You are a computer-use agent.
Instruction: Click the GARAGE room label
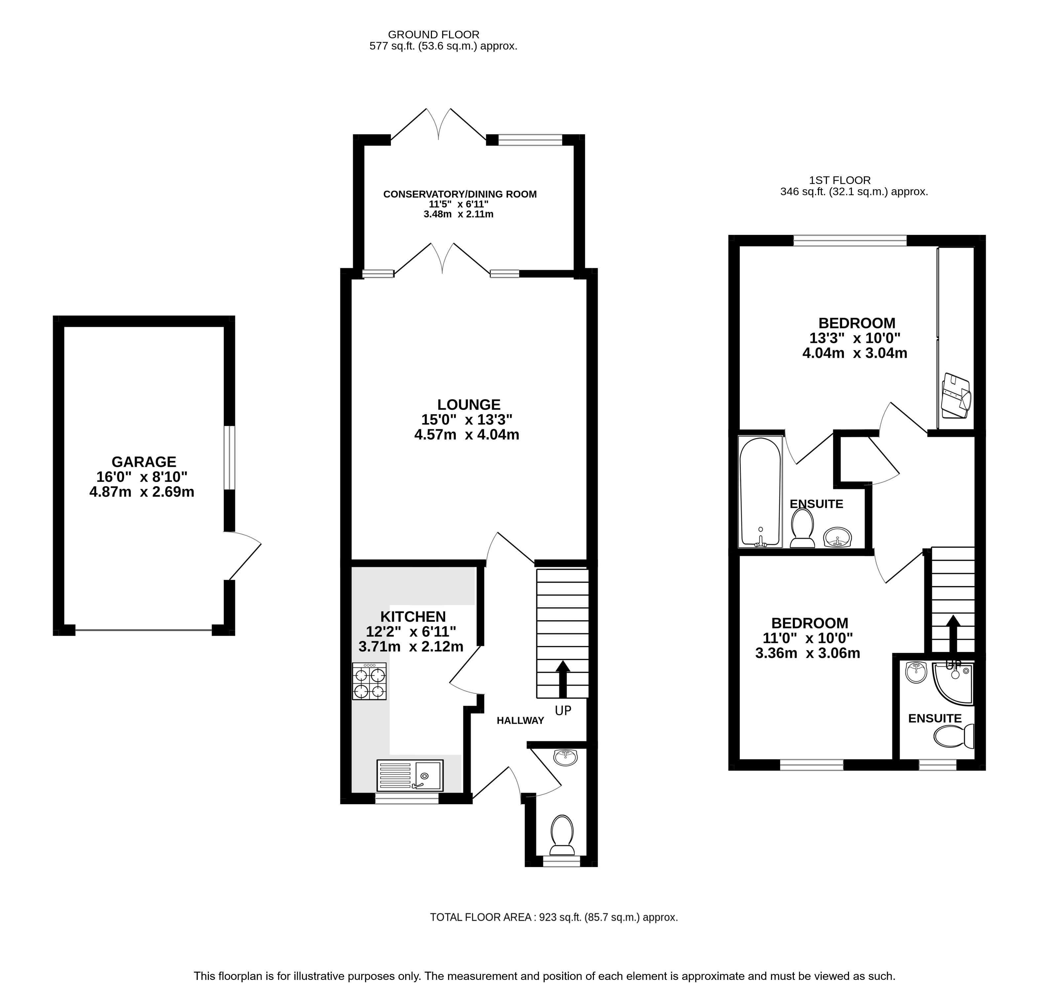tap(144, 462)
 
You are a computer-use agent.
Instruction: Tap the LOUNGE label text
tap(469, 405)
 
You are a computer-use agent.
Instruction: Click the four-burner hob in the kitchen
tap(369, 681)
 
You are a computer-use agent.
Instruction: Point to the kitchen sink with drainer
tap(410, 775)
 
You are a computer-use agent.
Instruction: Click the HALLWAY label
tap(520, 721)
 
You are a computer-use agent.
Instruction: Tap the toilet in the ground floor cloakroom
tap(562, 835)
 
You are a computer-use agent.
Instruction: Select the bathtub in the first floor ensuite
tap(760, 491)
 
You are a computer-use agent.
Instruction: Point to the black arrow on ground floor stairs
tap(563, 678)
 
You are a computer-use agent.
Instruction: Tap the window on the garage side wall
tap(229, 458)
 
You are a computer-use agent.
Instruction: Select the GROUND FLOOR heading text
tap(434, 35)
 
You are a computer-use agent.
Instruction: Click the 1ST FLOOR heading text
tap(840, 181)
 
